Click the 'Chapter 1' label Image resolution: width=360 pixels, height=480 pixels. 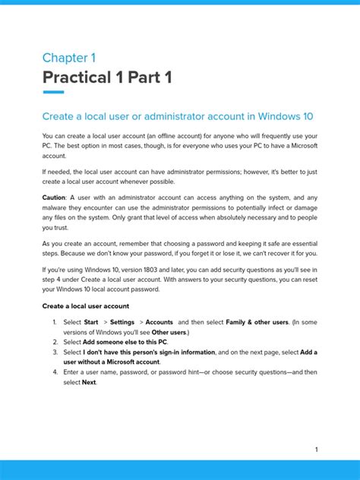pos(69,58)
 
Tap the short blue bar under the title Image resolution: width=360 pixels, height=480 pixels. pos(53,93)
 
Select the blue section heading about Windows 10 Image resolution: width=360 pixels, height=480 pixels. pos(178,116)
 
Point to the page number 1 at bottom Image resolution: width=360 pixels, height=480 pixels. pos(316,450)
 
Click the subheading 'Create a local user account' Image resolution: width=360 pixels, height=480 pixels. pos(86,305)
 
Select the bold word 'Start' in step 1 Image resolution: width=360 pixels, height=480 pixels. pos(91,322)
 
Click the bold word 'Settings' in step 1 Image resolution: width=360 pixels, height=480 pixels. pos(122,322)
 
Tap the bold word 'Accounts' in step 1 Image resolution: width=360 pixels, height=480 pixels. pos(159,322)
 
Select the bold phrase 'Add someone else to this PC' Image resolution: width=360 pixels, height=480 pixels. pos(125,342)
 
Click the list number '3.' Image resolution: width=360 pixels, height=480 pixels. pos(55,352)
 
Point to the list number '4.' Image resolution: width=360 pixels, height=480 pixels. pos(55,372)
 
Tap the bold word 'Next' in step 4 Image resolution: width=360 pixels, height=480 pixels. pos(90,382)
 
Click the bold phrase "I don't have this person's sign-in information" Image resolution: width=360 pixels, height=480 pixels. pos(149,352)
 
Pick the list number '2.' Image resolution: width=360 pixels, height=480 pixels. pos(55,342)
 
